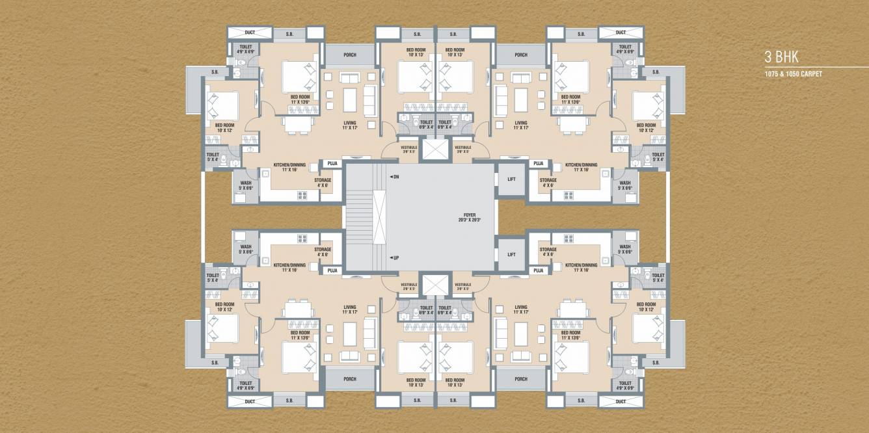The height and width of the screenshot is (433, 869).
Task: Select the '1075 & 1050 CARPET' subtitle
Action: (794, 74)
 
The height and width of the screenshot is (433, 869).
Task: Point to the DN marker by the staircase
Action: (395, 177)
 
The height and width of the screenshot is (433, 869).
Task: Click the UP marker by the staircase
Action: (395, 258)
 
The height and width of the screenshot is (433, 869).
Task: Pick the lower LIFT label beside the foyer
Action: (511, 255)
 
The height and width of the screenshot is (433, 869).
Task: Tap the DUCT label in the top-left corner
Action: (250, 33)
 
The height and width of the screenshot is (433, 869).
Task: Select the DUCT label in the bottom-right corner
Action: (621, 402)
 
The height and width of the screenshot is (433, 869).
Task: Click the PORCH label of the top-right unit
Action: (521, 55)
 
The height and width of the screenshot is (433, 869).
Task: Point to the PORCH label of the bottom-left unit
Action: (350, 379)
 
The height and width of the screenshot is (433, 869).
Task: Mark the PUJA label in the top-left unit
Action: (332, 164)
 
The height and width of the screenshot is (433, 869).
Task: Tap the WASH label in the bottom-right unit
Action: (624, 250)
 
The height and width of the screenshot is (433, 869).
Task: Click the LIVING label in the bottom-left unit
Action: (350, 310)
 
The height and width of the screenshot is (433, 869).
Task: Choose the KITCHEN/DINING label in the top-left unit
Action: (289, 165)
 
